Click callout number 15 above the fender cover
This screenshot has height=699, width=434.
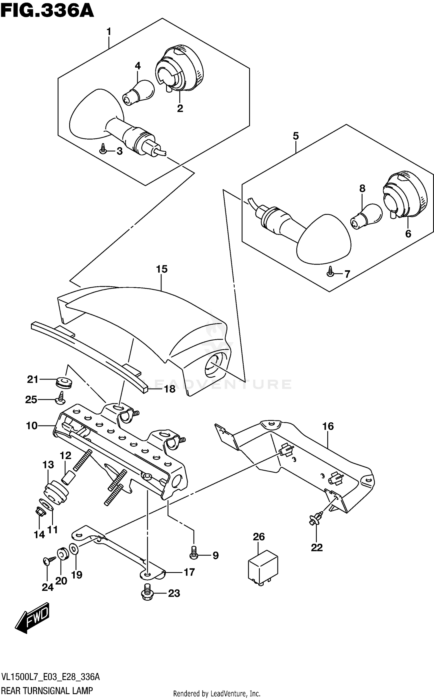pyautogui.click(x=162, y=269)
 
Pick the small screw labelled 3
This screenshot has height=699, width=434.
pyautogui.click(x=103, y=149)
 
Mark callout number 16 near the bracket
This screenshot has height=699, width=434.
pyautogui.click(x=328, y=426)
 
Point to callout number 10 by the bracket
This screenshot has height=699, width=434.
pyautogui.click(x=32, y=426)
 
